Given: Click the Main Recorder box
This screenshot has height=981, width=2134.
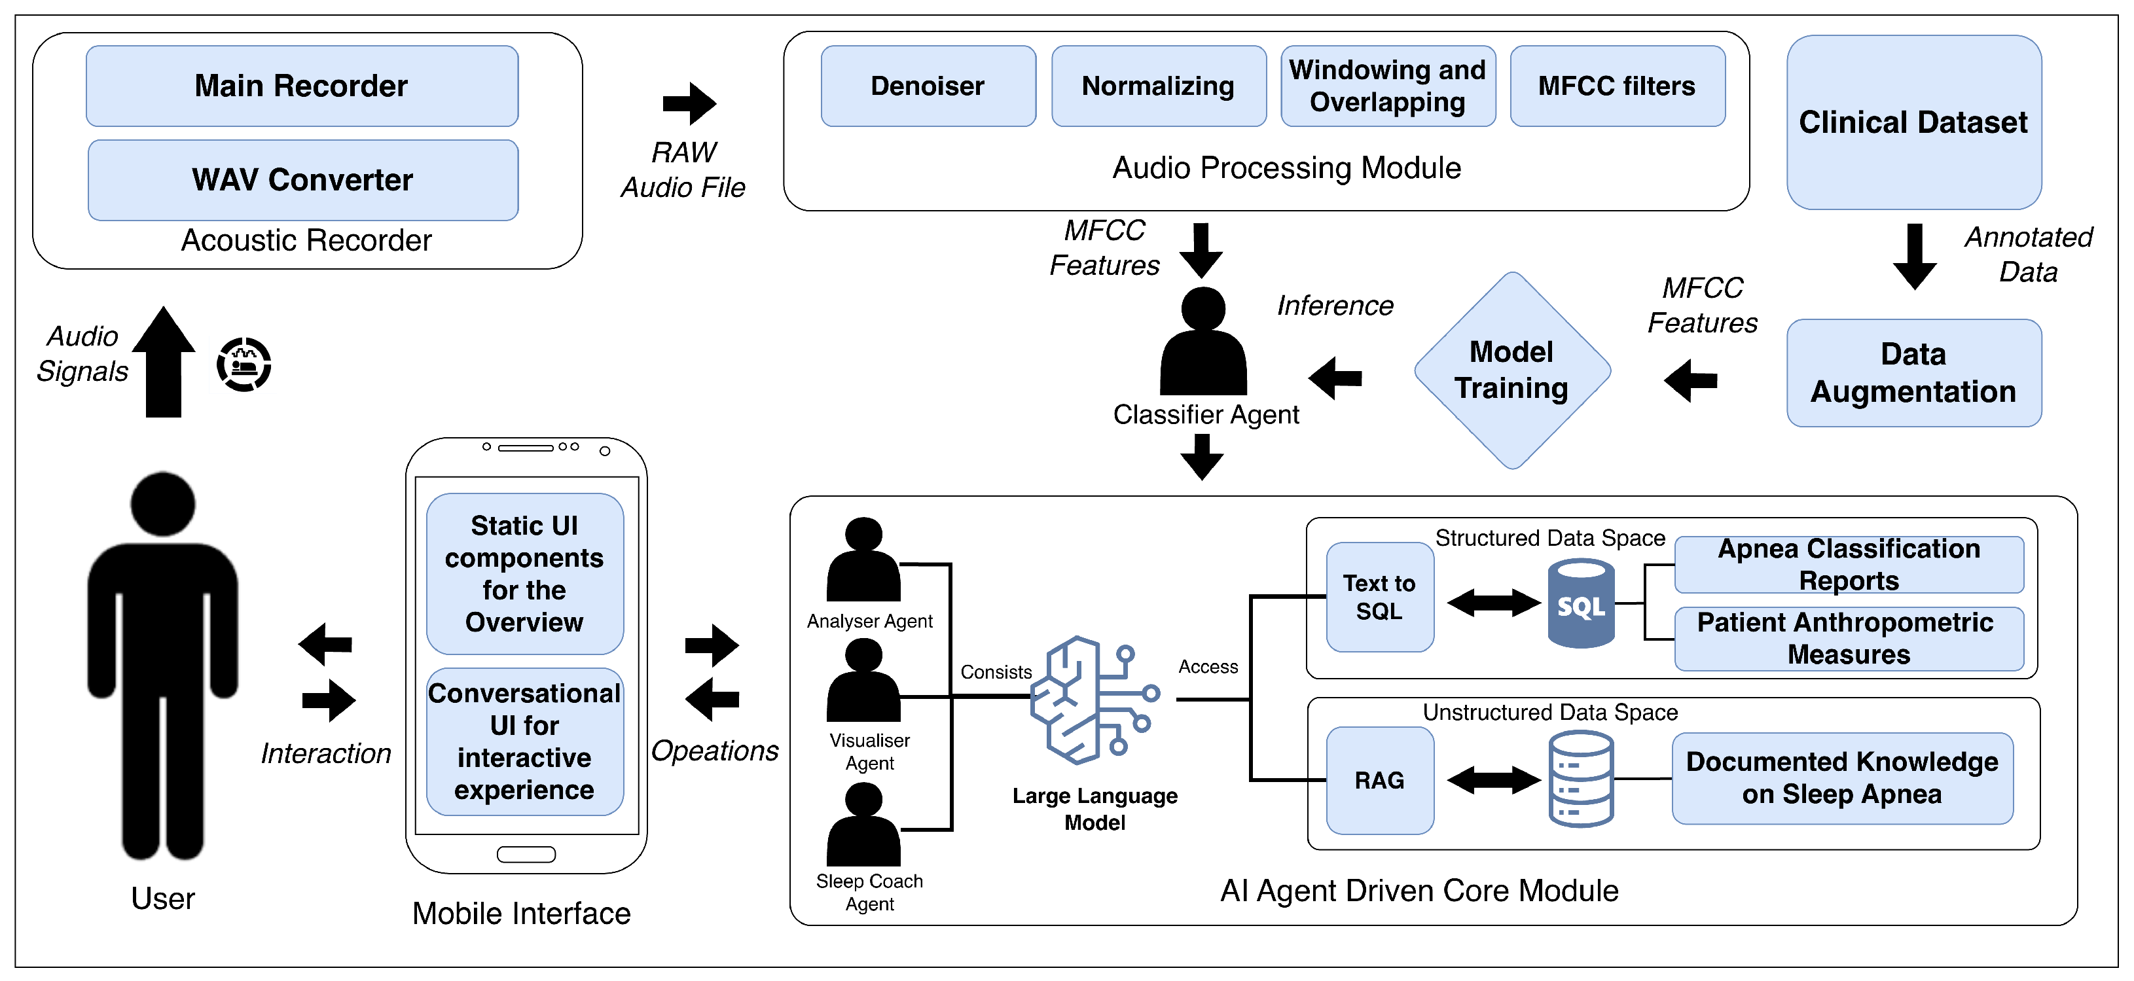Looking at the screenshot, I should pos(302,86).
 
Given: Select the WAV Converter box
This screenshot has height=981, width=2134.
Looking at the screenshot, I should pos(302,180).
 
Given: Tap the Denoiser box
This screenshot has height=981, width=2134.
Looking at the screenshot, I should pos(928,86).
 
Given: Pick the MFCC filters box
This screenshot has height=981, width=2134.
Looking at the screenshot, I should pos(1617,86).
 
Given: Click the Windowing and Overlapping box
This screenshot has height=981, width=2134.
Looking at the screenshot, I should pos(1388,86).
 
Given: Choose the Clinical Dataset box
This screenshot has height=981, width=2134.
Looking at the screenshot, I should pos(1913,122).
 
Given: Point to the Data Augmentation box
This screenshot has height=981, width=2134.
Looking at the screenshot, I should pos(1913,373).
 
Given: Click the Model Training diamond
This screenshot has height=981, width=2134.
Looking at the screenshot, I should pos(1512,370).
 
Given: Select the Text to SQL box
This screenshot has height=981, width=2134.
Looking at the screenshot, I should pos(1379,598).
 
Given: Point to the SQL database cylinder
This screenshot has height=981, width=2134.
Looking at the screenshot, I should pos(1581,603).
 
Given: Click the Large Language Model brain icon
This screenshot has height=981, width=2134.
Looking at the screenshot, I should pos(1093,700).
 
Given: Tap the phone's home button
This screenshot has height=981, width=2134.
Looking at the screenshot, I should pos(526,854).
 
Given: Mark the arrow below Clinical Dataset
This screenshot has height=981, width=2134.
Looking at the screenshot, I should pos(1915,256).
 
